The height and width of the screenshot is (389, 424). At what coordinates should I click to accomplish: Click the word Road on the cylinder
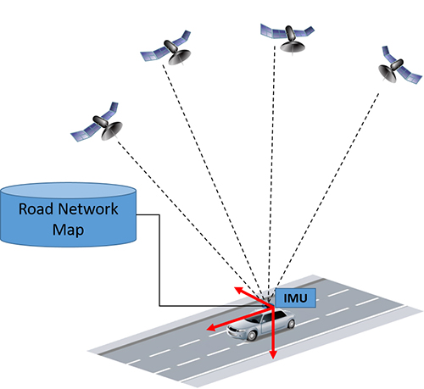[36, 208]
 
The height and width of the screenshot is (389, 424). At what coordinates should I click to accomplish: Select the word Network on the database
[88, 208]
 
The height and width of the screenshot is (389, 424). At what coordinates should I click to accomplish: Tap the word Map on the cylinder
[68, 230]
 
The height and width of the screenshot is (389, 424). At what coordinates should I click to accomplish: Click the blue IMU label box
[295, 298]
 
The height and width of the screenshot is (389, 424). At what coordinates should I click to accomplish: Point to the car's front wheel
[251, 336]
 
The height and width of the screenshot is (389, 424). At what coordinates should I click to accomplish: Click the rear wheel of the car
[291, 324]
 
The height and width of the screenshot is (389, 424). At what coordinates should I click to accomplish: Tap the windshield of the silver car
[254, 319]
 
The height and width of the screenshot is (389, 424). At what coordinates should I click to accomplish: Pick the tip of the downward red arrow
[273, 358]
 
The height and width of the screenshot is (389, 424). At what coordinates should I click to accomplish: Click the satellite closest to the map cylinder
[97, 123]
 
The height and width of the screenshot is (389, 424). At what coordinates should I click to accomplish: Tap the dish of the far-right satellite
[388, 74]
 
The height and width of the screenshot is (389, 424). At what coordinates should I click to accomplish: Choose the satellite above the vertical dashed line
[287, 38]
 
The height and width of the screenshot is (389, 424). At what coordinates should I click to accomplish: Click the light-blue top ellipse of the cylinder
[68, 190]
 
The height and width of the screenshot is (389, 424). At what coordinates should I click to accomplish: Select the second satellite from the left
[166, 48]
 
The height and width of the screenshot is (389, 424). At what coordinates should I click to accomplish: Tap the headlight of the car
[232, 330]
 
